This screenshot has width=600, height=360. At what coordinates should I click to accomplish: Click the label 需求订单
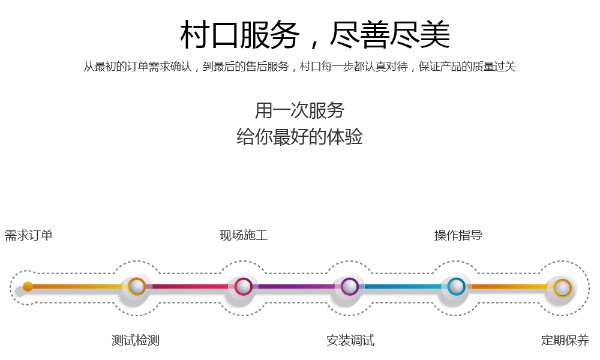pos(29,235)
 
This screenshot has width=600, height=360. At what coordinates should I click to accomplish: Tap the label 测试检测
pos(136,341)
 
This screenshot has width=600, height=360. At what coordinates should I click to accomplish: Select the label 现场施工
pos(244,235)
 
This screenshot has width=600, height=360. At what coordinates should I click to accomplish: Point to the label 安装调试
pos(350,341)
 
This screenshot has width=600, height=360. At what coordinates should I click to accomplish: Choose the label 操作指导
pos(458,235)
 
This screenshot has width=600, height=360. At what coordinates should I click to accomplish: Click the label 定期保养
pos(565,341)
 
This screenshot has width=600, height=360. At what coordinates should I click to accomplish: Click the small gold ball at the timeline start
pos(28,286)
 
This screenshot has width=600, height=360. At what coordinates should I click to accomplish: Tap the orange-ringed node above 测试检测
pos(137,287)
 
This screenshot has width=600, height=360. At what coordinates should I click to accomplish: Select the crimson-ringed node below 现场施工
pos(243,287)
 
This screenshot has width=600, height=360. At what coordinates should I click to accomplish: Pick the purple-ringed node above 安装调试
pos(349,287)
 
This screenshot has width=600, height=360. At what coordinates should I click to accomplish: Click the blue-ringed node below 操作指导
pos(456,287)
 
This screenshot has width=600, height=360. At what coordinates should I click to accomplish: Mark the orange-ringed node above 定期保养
pos(562,287)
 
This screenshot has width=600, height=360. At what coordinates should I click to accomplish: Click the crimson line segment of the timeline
pos(190,287)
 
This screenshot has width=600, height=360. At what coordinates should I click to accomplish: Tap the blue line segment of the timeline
pos(403,287)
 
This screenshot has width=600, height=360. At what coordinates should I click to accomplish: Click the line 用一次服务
pos(300,110)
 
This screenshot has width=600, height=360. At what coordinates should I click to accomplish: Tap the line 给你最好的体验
pos(300,136)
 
